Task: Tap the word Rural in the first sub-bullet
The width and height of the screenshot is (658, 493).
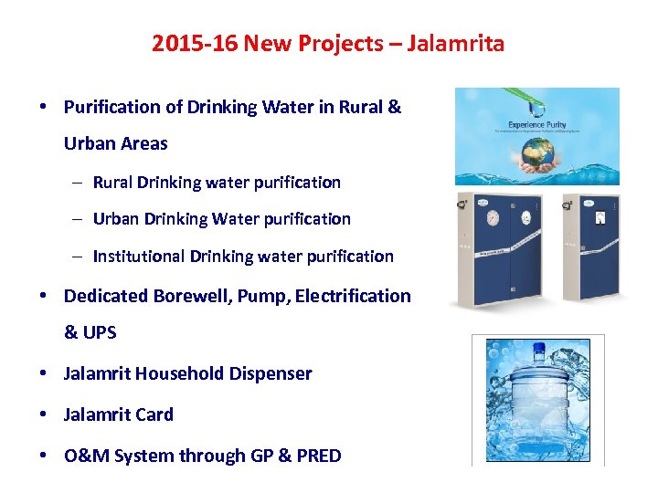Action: click(112, 182)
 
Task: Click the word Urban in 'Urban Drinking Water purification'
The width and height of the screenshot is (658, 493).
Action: click(115, 219)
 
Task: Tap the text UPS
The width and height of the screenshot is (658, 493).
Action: click(100, 333)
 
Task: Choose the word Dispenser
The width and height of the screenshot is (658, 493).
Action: click(271, 373)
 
